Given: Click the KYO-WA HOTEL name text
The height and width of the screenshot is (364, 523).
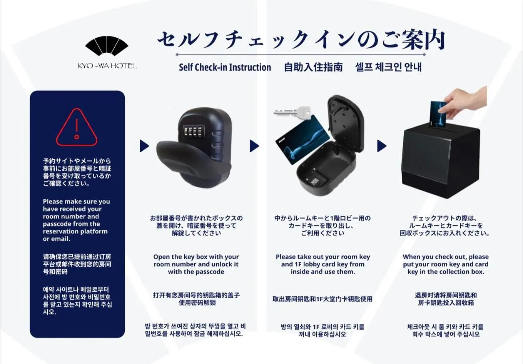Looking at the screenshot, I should [x=107, y=66].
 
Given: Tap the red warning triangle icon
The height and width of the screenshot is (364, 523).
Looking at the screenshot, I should [x=77, y=128].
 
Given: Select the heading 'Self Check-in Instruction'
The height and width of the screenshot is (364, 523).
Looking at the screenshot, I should [x=225, y=67].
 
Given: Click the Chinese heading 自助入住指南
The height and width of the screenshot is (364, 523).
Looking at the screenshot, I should [x=313, y=67].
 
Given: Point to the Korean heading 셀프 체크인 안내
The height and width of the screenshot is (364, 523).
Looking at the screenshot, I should [x=388, y=67].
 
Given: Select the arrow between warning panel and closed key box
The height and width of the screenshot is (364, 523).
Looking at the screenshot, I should [x=144, y=146].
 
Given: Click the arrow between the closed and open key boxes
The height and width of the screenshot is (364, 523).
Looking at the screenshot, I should [x=254, y=146].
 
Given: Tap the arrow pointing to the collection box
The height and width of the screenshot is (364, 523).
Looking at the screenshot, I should [x=382, y=146].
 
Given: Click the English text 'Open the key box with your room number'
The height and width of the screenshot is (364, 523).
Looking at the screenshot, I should [x=196, y=264].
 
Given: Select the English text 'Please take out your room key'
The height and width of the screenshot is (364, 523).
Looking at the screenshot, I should [x=323, y=264].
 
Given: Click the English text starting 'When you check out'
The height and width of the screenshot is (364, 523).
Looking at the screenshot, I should [x=446, y=264].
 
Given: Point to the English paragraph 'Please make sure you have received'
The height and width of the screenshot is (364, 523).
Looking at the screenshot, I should [x=77, y=220].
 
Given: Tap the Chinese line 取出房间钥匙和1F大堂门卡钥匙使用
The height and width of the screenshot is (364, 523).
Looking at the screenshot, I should [x=323, y=299].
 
